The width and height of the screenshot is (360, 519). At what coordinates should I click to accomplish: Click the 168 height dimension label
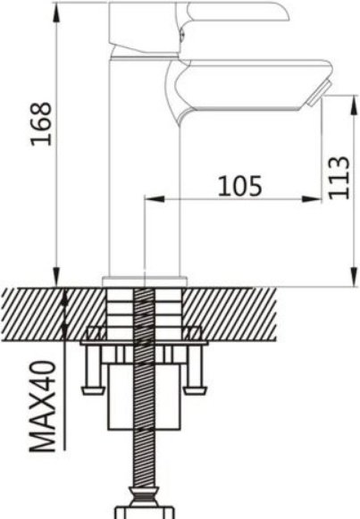coord(41,123)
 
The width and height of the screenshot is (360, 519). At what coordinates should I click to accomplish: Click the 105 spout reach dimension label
coord(240,186)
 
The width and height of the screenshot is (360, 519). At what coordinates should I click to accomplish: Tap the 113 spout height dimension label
coord(339,178)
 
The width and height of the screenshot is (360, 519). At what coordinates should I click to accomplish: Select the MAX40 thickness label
coord(42,406)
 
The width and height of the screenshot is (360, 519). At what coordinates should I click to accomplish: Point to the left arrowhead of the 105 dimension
coord(155,199)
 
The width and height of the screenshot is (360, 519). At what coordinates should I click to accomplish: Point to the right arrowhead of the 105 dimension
coord(312,199)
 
